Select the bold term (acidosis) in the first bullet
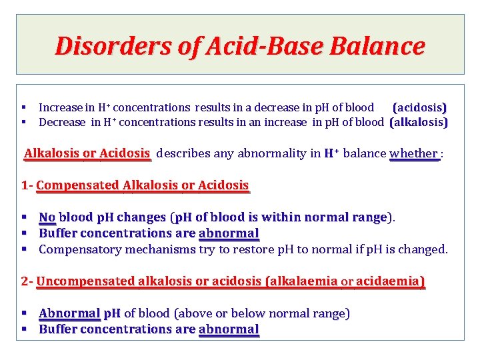tap(419, 107)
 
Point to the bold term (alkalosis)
tap(419, 122)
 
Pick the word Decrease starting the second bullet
tap(62, 122)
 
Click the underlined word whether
tap(413, 153)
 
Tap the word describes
tap(184, 153)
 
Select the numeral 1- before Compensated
tap(27, 185)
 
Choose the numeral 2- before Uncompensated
tap(27, 281)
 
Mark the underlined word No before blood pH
tap(47, 217)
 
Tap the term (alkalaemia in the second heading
tap(301, 281)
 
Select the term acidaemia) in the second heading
tap(390, 281)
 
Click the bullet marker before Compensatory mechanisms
tap(23, 249)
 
